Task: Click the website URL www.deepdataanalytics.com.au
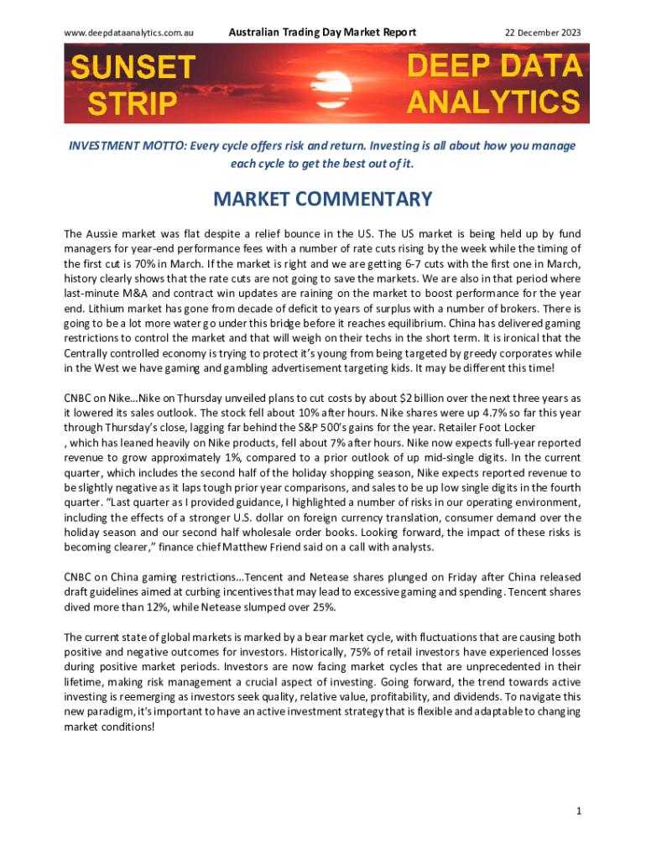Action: pos(129,32)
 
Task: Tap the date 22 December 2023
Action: pos(542,32)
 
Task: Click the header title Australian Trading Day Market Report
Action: pos(322,32)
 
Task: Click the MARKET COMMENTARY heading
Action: pos(323,199)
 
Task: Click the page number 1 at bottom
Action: pos(579,810)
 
